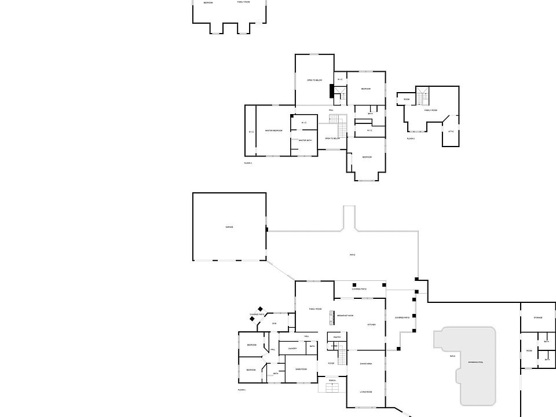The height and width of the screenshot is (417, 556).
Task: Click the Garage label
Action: click(x=229, y=227)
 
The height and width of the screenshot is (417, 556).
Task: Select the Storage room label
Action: click(x=537, y=318)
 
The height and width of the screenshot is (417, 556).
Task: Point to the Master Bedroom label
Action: click(x=273, y=131)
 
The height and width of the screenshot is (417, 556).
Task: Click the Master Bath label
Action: click(x=305, y=141)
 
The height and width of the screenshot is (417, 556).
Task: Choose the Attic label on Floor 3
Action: click(x=451, y=131)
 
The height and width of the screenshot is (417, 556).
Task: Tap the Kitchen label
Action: click(x=371, y=325)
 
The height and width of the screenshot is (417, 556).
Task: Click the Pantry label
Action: click(x=337, y=336)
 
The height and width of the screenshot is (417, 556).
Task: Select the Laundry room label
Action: click(x=292, y=348)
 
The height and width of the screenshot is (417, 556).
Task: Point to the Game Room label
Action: click(x=301, y=369)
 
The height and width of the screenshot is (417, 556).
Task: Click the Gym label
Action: click(x=274, y=323)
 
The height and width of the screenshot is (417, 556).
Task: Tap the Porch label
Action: click(x=332, y=381)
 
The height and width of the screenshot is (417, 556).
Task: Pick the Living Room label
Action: click(x=365, y=392)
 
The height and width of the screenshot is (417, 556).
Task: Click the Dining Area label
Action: click(x=365, y=364)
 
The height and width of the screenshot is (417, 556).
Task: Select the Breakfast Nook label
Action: click(x=345, y=315)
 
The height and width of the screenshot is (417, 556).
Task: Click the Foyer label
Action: click(x=331, y=364)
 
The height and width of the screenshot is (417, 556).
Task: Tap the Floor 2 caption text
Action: click(x=248, y=163)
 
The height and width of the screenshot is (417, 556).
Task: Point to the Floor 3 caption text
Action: click(x=411, y=139)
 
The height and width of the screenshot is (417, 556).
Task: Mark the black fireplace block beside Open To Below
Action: click(x=331, y=91)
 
